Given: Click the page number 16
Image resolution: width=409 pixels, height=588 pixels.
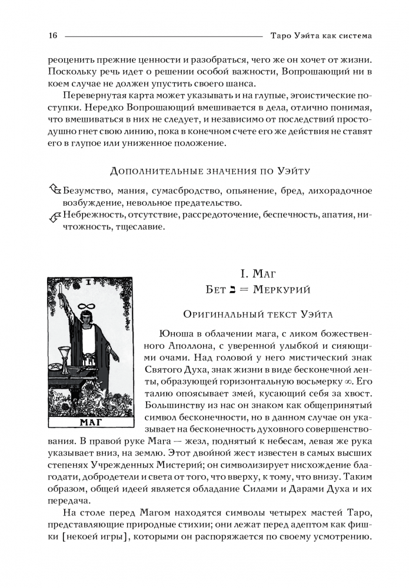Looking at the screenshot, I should click(52, 36).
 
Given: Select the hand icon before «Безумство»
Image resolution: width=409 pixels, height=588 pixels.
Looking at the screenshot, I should click(55, 190).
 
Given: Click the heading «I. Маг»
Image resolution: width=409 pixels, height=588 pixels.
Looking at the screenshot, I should click(258, 273).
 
